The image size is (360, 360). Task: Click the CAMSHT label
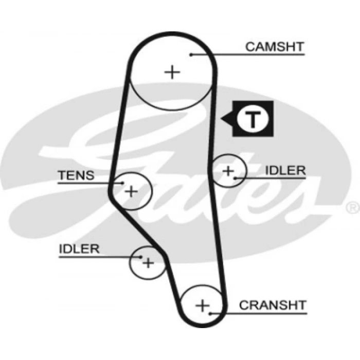275,47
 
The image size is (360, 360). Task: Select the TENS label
76,175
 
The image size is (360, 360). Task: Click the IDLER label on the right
285,170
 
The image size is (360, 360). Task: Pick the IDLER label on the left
79,249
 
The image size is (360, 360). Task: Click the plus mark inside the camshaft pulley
172,71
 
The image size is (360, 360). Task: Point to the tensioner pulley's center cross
132,191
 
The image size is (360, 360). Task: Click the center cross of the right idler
228,170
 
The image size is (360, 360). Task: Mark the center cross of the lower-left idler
148,263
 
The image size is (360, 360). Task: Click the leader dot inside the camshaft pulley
191,54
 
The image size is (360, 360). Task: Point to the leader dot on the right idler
235,178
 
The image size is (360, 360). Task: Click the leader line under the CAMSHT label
247,54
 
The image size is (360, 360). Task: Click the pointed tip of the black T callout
222,120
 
